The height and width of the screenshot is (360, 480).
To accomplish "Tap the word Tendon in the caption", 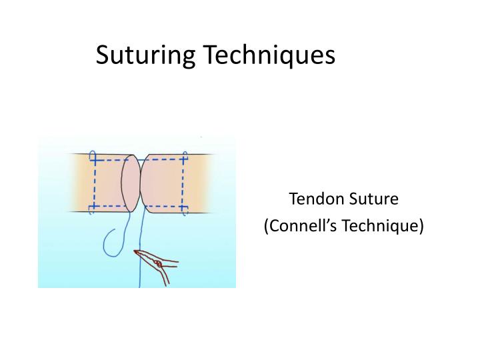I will pos(315,199).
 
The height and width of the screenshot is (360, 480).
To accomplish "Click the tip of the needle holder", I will pos(137,252).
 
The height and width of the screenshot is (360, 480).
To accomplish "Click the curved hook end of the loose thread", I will pos(109,247).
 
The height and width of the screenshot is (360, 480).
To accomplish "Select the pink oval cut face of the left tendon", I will pos(130,183).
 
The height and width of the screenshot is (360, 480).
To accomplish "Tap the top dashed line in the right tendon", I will pos(163,160).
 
